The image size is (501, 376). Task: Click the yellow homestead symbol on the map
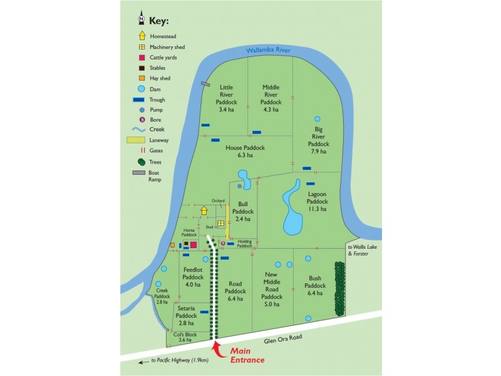pos(204,211)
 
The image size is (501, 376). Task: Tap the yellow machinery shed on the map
pos(221,223)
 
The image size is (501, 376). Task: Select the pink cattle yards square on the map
pos(194,244)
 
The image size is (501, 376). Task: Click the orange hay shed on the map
pos(172,244)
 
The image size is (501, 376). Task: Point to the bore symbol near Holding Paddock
pos(224,243)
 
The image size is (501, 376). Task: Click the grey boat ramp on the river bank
pos(205,84)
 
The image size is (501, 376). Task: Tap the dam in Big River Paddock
pos(317,119)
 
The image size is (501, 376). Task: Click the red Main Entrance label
pos(247,355)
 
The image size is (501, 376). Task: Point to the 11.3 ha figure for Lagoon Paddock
pos(318,209)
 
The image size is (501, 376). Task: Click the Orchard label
pos(218,201)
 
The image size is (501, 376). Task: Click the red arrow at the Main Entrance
pos(217,347)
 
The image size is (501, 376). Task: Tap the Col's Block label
pos(186,335)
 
